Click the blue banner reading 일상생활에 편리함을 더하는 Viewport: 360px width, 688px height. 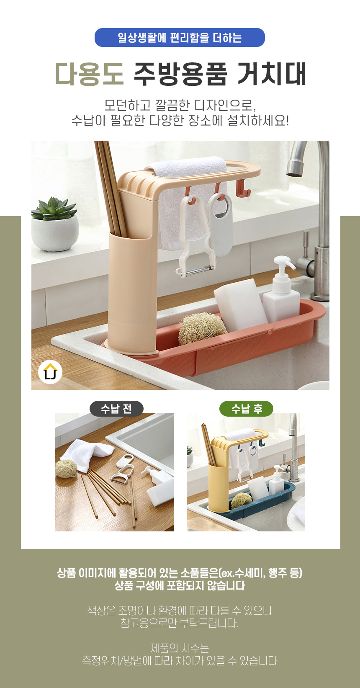tap(180, 37)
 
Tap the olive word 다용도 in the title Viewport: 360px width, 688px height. tap(90, 74)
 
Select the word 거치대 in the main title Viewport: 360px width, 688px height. tap(272, 74)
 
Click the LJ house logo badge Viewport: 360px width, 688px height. tap(50, 372)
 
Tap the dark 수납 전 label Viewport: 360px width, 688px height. tap(116, 409)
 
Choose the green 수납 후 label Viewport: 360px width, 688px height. tap(246, 409)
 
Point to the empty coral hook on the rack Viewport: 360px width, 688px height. tap(243, 188)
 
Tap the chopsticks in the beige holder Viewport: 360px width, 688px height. tap(111, 187)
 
